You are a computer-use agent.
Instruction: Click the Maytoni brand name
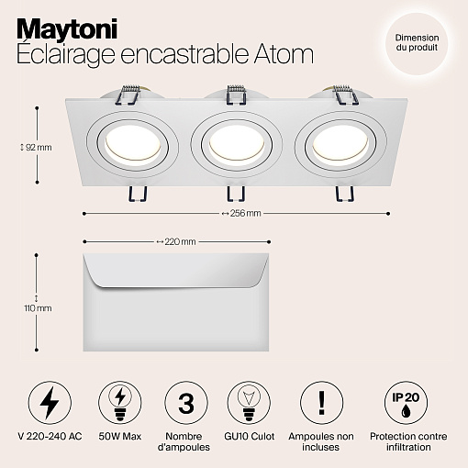[x=67, y=29]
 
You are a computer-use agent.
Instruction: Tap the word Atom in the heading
[x=284, y=54]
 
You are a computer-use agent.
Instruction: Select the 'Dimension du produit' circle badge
[x=417, y=43]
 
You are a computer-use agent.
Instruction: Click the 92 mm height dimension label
[x=36, y=148]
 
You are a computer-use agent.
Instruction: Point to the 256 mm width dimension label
[x=241, y=213]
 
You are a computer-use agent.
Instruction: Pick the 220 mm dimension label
[x=176, y=241]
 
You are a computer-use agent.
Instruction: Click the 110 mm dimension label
[x=38, y=308]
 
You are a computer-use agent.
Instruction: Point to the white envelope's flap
[x=176, y=271]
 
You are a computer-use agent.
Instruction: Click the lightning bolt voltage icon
[x=50, y=403]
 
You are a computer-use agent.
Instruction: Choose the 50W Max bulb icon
[x=120, y=403]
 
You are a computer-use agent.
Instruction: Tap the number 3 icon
[x=186, y=403]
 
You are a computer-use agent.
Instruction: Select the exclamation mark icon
[x=321, y=403]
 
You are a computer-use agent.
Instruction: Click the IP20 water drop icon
[x=407, y=403]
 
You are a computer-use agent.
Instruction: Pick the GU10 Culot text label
[x=250, y=436]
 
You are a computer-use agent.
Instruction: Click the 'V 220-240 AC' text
[x=50, y=436]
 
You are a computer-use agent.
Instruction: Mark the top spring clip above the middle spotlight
[x=236, y=95]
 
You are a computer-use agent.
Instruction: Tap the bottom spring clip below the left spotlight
[x=138, y=194]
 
